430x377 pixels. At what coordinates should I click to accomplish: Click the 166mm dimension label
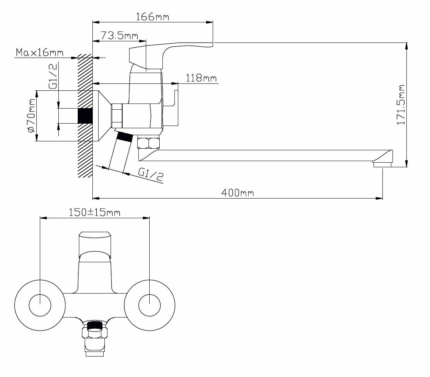click(153, 17)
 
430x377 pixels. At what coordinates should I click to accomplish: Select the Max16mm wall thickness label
click(39, 52)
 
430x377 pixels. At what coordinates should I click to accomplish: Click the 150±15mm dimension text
click(95, 212)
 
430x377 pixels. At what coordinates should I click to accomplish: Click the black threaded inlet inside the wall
click(85, 116)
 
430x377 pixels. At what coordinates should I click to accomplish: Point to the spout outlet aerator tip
click(382, 165)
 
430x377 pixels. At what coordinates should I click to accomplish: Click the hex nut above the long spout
click(148, 143)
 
